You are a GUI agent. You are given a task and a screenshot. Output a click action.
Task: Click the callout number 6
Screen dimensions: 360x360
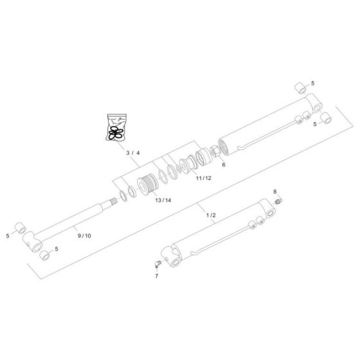click(224, 165)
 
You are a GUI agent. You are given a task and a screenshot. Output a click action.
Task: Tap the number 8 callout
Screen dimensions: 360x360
click(275, 192)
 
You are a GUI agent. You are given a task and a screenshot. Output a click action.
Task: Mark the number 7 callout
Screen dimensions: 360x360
click(155, 275)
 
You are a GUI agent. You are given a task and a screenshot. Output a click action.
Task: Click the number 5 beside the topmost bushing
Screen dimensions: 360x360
click(313, 84)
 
